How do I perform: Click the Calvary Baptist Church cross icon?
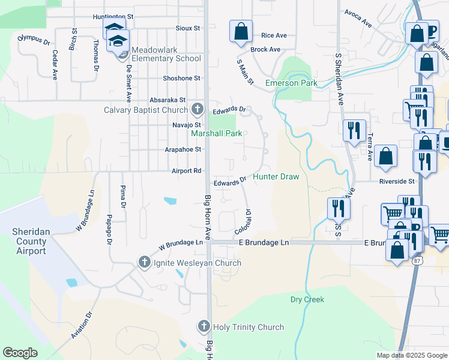tap(197, 109)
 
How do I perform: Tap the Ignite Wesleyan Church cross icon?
tap(144, 262)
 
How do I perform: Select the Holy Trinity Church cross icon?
tap(203, 327)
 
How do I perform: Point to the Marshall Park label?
tap(217, 133)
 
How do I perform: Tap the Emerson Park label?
tap(291, 83)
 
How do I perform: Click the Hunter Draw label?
tap(276, 176)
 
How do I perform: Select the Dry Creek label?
tap(307, 299)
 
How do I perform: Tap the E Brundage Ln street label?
tap(264, 242)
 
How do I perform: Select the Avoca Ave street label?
tap(358, 17)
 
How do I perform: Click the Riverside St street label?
tap(397, 181)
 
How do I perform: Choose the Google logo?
tap(20, 353)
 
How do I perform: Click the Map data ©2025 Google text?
tap(412, 355)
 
